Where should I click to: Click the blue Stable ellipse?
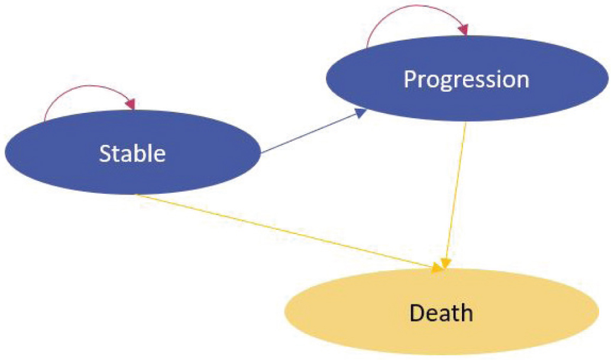[65, 171]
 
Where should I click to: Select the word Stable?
[132, 153]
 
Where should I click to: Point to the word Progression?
[465, 79]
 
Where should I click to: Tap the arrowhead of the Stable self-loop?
[131, 104]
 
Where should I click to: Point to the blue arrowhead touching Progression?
[360, 112]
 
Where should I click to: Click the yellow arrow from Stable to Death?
[284, 231]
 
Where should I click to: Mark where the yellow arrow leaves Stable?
[135, 194]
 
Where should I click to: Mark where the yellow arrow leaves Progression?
[466, 122]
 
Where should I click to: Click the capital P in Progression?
[410, 79]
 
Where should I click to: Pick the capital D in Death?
[418, 312]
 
